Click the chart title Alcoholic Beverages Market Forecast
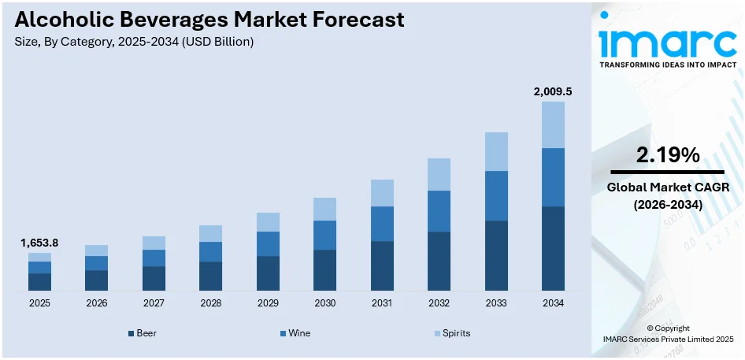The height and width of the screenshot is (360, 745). coord(209,20)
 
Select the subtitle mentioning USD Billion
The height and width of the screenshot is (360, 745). coord(134,42)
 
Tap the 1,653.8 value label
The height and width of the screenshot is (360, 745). coord(39,243)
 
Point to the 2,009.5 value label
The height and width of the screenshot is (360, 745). coord(552,91)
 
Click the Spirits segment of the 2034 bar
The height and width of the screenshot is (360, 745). coord(553,124)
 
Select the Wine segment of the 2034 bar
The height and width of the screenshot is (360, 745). coord(553,177)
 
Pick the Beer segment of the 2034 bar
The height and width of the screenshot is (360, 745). coord(553,248)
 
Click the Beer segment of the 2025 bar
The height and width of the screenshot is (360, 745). coord(39,281)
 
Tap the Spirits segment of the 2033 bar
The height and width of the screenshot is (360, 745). coord(496,151)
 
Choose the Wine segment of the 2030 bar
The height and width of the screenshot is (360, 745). coord(324,235)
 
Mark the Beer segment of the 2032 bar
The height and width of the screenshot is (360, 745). coord(439,261)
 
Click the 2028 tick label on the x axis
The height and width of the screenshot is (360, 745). coord(210,303)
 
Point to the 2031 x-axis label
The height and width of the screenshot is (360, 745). coord(382,303)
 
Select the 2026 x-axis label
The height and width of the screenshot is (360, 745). coord(96,303)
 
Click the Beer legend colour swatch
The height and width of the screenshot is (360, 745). coord(131,334)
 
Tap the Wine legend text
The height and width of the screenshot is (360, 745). coord(299,333)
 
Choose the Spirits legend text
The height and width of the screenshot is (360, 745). coord(456,333)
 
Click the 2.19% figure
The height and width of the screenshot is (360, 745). coord(668,155)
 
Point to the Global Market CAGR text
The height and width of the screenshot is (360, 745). coord(668,187)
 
